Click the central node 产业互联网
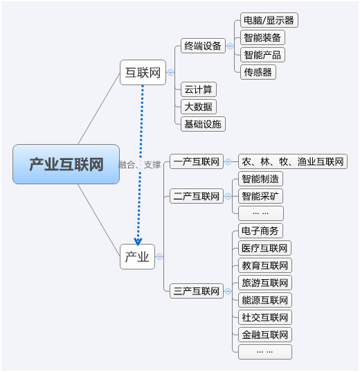click(66, 164)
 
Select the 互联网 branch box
click(143, 72)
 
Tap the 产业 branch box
click(137, 256)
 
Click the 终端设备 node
click(203, 46)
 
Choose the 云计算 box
click(199, 89)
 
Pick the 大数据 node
click(199, 107)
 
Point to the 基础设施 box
click(203, 124)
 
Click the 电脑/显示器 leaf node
click(269, 20)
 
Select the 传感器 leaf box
click(258, 72)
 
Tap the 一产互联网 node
click(197, 161)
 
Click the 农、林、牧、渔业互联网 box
click(293, 161)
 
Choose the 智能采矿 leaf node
click(260, 196)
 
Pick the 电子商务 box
click(260, 231)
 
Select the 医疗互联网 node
click(264, 248)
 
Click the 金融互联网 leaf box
click(265, 335)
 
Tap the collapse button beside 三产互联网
click(228, 291)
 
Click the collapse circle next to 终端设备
click(230, 46)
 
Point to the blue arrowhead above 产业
click(138, 242)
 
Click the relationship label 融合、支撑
click(139, 165)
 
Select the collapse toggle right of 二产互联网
click(228, 197)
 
